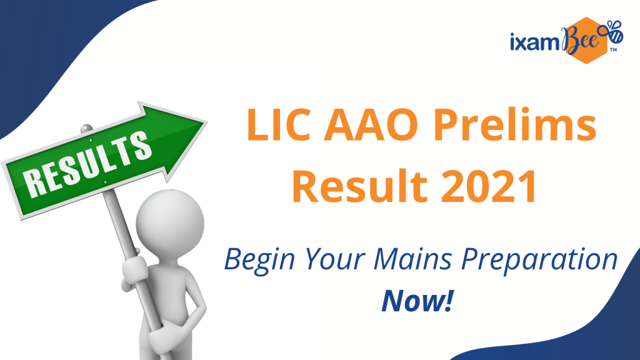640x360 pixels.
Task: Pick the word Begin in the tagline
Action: coord(259,259)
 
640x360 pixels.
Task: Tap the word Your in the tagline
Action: coord(334,259)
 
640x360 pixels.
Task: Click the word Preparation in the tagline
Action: coord(539,260)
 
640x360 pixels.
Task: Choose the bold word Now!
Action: coord(417,301)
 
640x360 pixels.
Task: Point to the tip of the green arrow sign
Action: coord(206,122)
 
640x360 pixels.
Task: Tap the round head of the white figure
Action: coord(170,223)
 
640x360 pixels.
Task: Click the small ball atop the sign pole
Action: coord(86,129)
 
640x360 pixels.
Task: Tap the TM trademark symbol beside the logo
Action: coord(613,50)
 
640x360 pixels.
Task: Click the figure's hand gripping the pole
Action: coord(135,270)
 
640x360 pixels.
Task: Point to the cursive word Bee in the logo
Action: coord(579,39)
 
